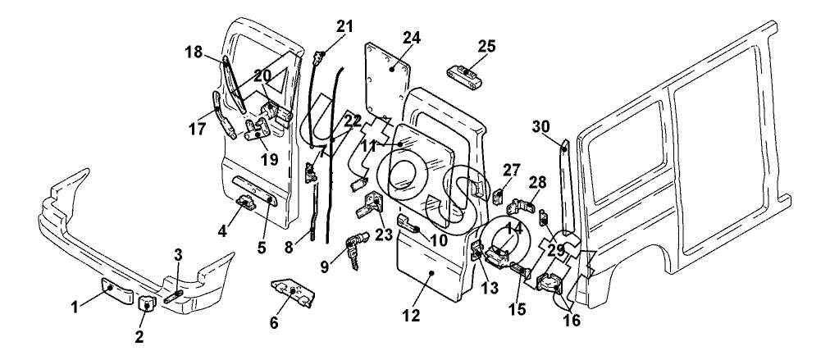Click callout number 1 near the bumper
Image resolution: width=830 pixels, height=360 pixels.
click(75, 307)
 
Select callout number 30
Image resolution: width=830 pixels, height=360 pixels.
click(541, 126)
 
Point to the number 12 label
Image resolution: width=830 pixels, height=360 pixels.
click(411, 316)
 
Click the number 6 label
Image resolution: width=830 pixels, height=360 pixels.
click(274, 322)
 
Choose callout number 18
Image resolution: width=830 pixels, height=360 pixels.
click(194, 52)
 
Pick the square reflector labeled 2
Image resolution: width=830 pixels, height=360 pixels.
click(145, 303)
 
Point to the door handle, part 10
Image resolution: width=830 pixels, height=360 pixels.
click(409, 225)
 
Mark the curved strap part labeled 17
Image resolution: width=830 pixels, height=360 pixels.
click(223, 115)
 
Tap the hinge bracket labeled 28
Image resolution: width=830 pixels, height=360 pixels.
click(522, 204)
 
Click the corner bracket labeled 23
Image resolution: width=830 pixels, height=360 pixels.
click(371, 205)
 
